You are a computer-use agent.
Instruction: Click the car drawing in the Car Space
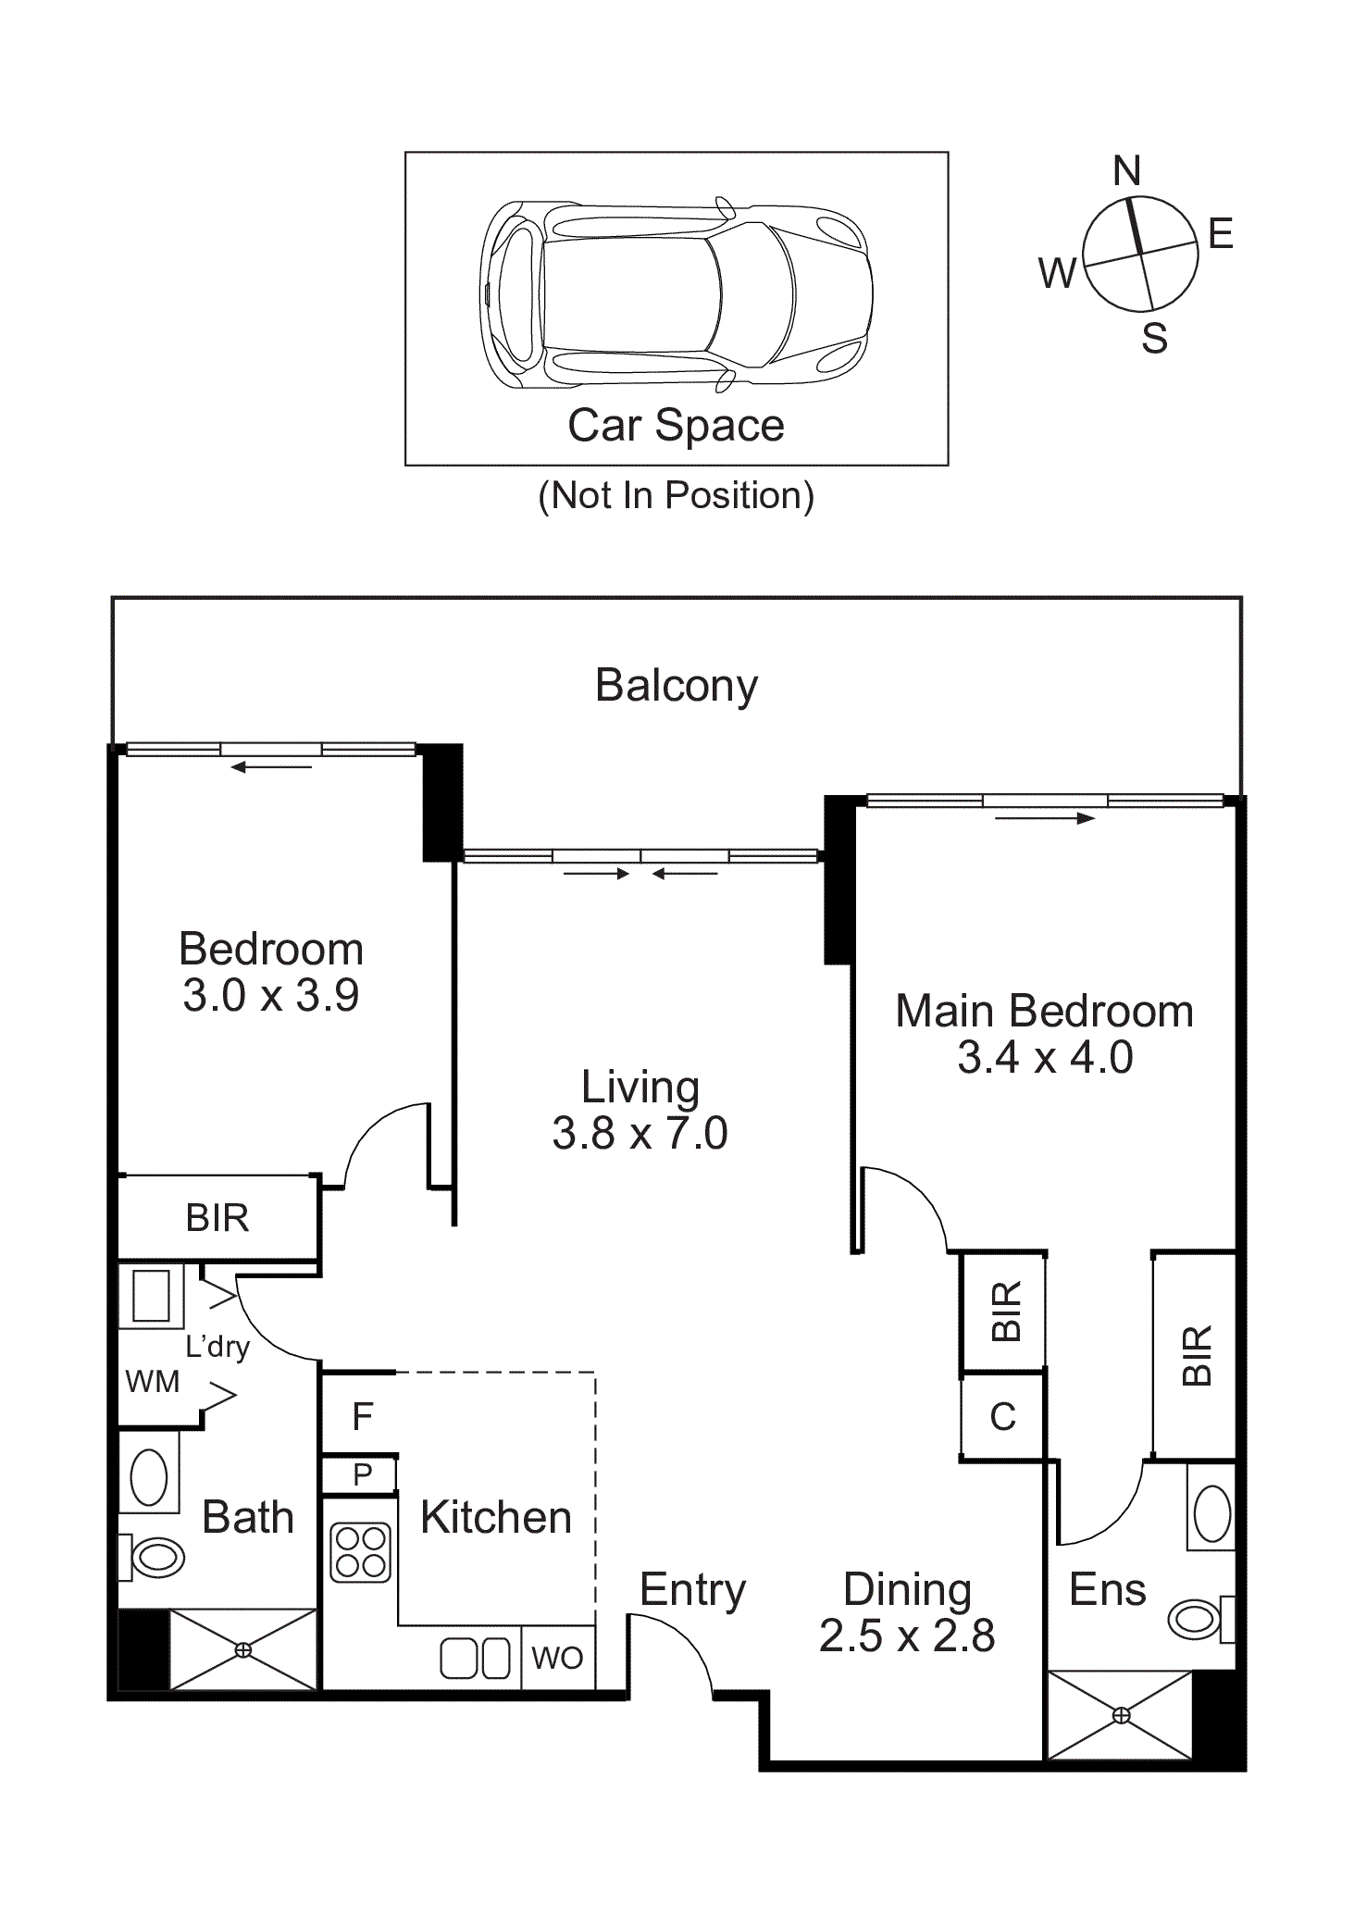point(676,294)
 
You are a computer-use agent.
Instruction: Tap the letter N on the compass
point(1126,170)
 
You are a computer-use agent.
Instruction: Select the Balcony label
point(677,687)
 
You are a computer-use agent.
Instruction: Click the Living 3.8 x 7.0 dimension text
point(640,1133)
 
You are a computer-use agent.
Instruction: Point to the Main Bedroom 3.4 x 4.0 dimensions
point(1045,1057)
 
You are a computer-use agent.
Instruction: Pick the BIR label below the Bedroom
point(217,1218)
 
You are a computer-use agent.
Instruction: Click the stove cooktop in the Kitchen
point(361,1552)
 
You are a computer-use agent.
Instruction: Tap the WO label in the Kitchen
point(557,1657)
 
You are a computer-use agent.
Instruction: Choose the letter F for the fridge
point(362,1416)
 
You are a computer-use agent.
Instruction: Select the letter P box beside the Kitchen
point(362,1474)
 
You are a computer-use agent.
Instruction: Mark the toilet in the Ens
point(1201,1619)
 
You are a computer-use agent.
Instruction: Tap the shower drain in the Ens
point(1121,1715)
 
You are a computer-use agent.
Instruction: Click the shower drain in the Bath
point(242,1649)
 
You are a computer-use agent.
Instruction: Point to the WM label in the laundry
point(153,1381)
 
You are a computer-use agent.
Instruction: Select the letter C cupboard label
point(1003,1416)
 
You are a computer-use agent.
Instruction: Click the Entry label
point(692,1590)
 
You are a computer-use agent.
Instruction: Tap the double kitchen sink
point(475,1658)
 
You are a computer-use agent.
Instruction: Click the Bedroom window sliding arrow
point(271,767)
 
